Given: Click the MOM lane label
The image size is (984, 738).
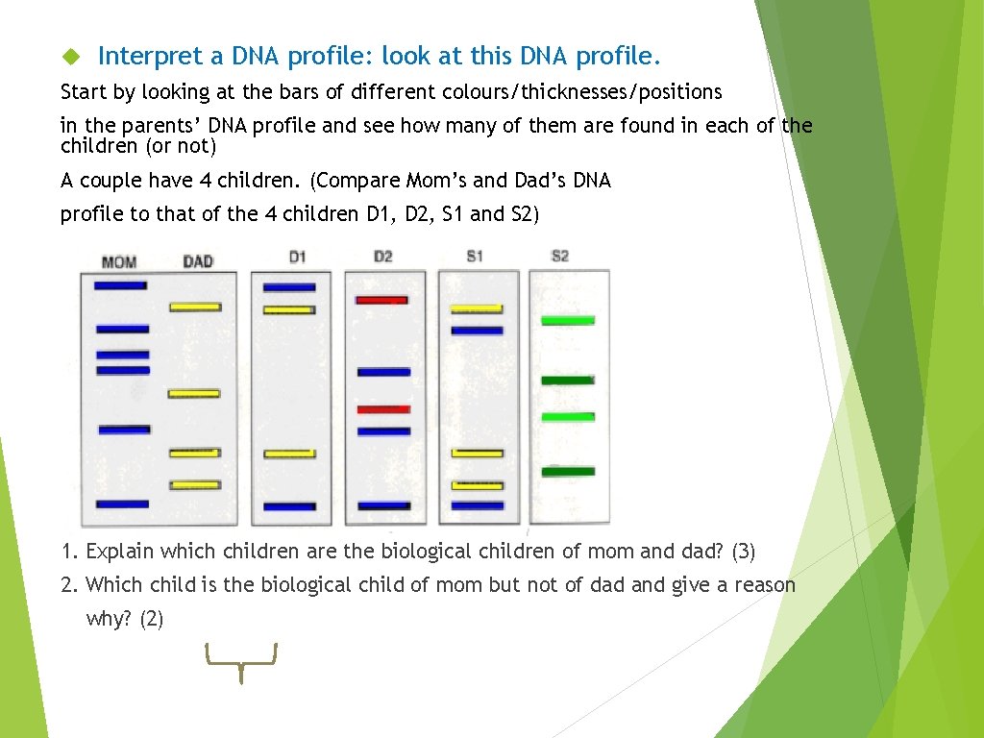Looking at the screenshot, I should (118, 261).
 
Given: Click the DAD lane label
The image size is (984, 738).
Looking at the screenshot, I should (197, 260).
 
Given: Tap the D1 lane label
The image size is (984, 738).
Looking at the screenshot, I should (297, 257).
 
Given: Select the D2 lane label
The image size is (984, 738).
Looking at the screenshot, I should (382, 257).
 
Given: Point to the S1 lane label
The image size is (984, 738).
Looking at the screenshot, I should (475, 257).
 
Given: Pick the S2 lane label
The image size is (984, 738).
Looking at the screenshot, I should (560, 257).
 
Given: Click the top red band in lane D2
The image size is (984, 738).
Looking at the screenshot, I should (382, 300).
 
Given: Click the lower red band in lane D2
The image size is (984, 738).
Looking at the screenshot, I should (383, 409).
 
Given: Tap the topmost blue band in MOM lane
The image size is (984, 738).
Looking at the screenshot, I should (120, 285).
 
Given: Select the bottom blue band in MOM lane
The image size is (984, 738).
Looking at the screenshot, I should (122, 504).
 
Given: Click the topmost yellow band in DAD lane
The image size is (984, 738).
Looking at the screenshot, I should (195, 307).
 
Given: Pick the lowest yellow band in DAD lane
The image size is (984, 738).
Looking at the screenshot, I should (195, 485).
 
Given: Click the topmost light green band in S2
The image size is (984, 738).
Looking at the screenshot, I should (567, 320).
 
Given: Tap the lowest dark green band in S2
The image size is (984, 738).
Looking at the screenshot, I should (567, 471).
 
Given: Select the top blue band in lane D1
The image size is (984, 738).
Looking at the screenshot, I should (289, 287).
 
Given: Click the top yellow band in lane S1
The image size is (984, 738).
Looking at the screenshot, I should (477, 309).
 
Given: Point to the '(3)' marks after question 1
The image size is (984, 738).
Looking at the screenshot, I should (743, 552).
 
